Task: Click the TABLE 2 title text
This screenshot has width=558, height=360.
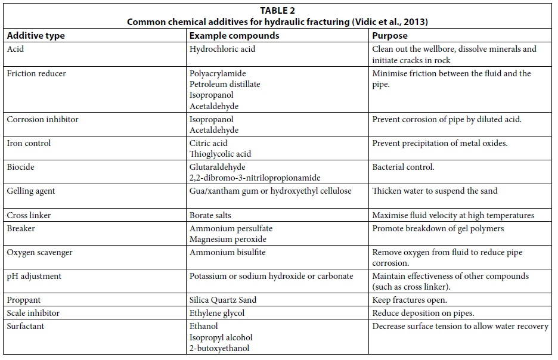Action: tap(277, 11)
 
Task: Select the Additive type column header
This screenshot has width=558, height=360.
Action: tap(36, 36)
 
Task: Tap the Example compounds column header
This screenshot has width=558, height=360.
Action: tap(234, 36)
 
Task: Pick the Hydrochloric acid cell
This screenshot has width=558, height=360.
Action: tap(222, 49)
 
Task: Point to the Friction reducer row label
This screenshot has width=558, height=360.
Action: tap(36, 73)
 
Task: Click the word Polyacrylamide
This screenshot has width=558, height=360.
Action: tap(218, 73)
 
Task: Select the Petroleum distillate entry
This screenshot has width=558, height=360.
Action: tap(225, 84)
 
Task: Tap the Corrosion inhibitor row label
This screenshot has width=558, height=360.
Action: tap(42, 119)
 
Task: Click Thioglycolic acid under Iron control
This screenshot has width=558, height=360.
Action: tap(220, 154)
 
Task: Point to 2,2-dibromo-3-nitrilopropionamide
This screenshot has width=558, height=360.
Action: tap(255, 178)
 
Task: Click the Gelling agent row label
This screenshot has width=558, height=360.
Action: tap(31, 191)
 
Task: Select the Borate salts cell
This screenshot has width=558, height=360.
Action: tap(210, 215)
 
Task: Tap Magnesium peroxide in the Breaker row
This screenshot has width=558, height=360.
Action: tap(228, 239)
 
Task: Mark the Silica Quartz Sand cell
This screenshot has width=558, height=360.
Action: tap(223, 300)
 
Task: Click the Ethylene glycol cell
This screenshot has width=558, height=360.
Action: tap(217, 313)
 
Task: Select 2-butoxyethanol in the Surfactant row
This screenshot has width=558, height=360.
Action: tap(219, 348)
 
